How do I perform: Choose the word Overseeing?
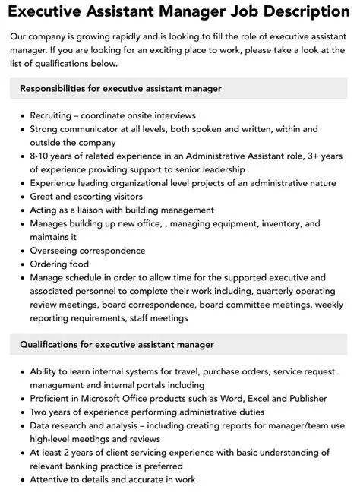58,251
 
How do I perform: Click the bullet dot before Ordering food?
21,264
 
